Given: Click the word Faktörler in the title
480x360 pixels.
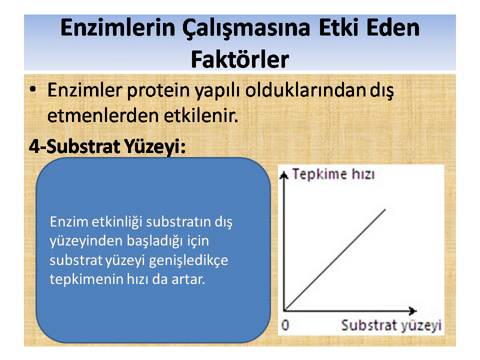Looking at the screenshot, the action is tap(240, 59).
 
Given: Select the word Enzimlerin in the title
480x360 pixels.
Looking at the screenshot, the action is tap(118, 27).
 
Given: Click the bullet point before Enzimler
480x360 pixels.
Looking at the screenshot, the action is tap(33, 89).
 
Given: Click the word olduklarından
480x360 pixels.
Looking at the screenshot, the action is tap(305, 90).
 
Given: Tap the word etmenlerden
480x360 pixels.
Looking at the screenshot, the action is tap(103, 115).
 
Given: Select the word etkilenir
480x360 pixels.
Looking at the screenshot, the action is tap(201, 115).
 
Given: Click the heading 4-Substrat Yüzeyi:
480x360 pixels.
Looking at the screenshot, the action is tap(107, 146).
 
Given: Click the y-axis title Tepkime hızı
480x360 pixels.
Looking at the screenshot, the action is tap(333, 174).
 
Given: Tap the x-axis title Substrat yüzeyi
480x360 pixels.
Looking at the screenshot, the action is tap(391, 325).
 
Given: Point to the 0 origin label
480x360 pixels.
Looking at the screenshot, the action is tap(285, 325).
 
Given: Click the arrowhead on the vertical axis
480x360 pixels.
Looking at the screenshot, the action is tap(284, 174).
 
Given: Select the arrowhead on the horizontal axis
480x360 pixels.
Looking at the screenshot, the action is tap(413, 310).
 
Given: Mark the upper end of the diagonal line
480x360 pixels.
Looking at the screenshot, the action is tap(385, 209).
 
